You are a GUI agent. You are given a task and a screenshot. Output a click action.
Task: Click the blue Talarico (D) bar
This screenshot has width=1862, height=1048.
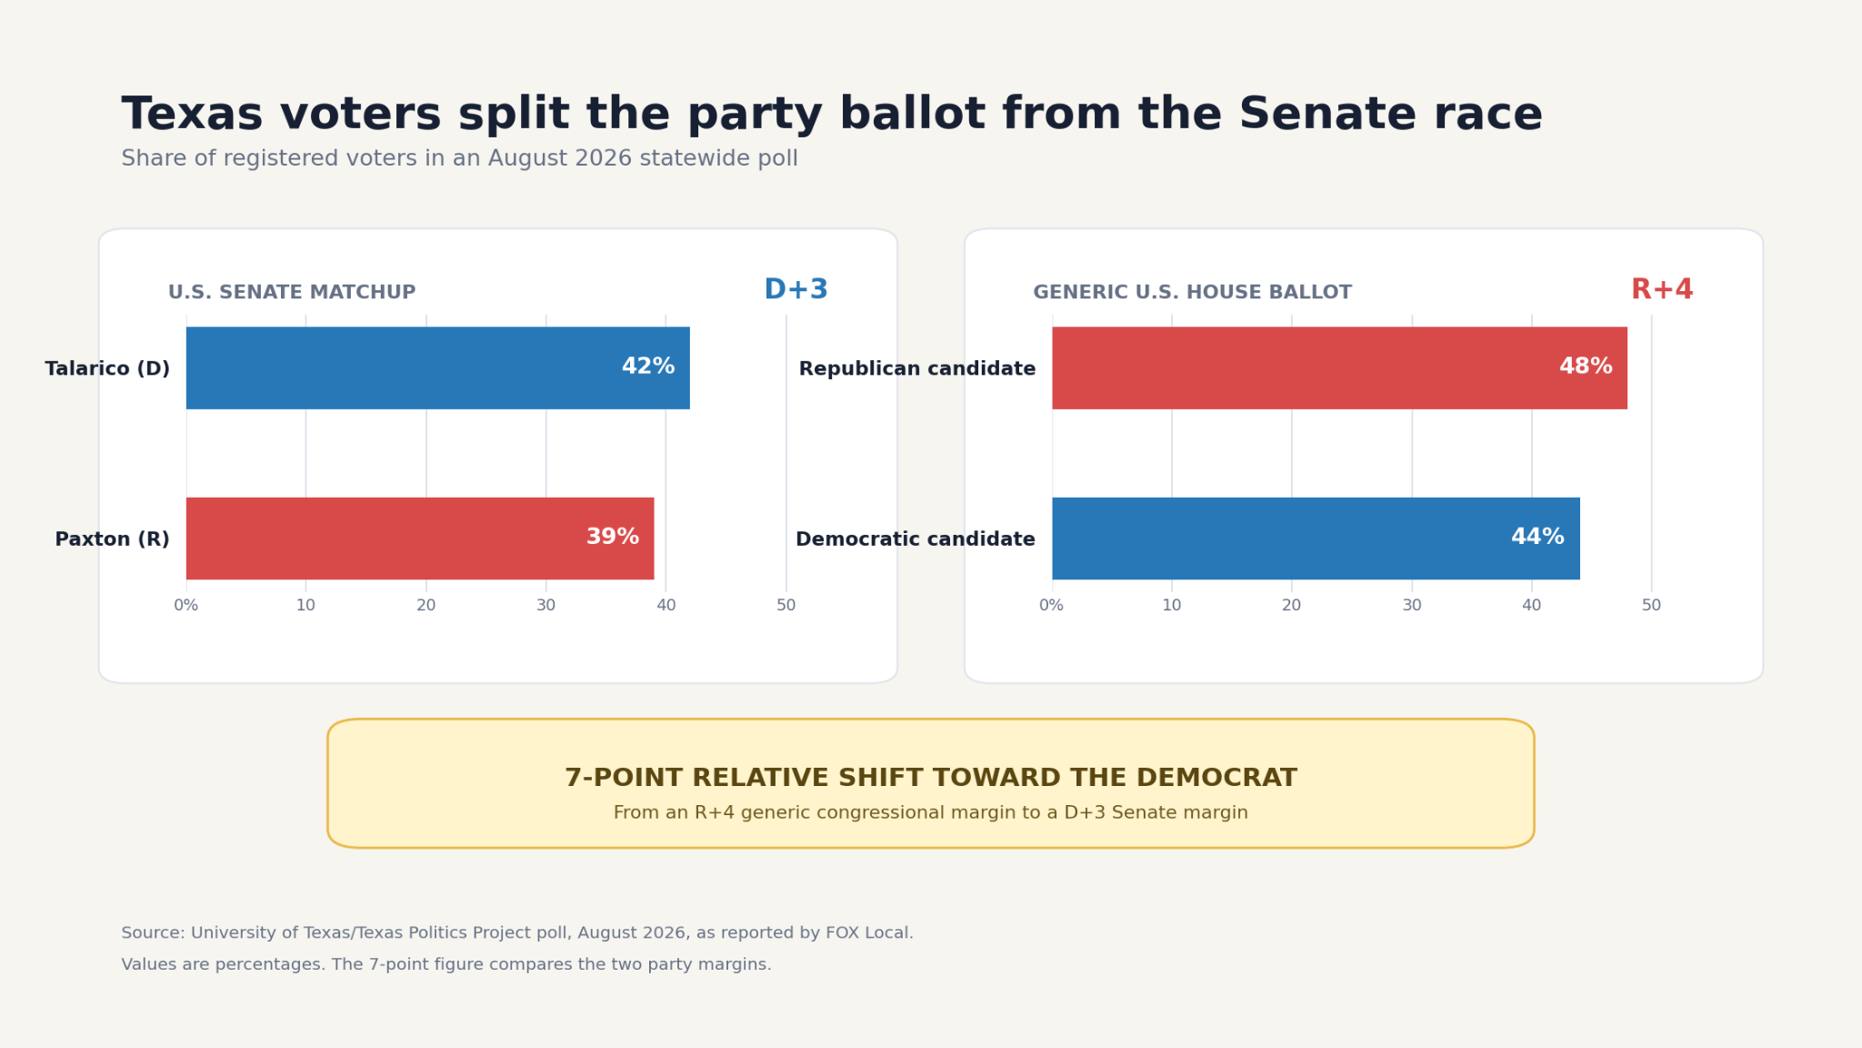point(437,368)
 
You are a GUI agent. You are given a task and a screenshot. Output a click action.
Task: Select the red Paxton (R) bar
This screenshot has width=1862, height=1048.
point(420,538)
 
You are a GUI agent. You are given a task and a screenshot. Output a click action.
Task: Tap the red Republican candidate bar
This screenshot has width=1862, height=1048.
point(1339,368)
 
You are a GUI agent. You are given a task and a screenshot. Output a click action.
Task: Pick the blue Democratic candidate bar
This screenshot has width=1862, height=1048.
point(1316,538)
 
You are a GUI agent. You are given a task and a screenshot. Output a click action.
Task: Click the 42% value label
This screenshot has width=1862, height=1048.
point(648,367)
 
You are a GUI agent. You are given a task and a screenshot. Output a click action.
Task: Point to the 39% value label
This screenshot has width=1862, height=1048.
point(613,537)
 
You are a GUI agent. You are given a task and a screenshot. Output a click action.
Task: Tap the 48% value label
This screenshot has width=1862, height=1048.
point(1586,367)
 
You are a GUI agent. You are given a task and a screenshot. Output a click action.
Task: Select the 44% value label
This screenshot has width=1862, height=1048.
point(1537,537)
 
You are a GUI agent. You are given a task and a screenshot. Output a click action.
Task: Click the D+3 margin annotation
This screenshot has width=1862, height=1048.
point(796,290)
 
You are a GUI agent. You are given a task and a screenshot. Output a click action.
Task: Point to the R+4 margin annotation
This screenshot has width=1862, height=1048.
point(1662,290)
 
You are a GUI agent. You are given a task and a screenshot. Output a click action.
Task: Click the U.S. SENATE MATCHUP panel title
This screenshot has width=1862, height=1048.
point(292,293)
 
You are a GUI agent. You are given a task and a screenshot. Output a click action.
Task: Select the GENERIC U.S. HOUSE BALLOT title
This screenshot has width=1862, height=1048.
point(1193,293)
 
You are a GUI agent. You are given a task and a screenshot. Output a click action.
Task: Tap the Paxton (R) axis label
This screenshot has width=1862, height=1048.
point(113,539)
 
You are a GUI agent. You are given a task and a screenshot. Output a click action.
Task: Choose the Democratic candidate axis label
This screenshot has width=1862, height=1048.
point(916,539)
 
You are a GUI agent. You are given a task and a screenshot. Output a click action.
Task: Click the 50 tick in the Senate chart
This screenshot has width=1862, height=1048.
point(786,605)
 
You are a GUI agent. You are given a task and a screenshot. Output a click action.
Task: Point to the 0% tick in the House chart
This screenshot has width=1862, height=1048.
point(1052,605)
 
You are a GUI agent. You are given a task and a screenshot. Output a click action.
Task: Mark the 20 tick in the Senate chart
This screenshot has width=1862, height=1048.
point(426,605)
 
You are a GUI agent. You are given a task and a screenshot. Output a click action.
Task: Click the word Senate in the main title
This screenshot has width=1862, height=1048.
point(1327,116)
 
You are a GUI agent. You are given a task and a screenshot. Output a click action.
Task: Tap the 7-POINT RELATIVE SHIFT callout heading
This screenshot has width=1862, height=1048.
point(931,778)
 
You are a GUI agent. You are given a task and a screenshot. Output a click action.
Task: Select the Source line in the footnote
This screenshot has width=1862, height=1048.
point(517,933)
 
